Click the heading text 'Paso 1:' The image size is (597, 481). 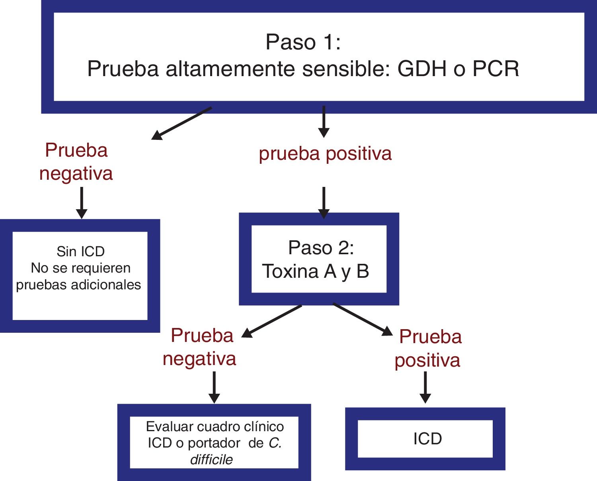coord(303,42)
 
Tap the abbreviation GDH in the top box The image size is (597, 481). coord(421,69)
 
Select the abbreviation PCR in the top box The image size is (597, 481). coord(496,69)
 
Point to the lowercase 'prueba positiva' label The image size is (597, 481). coord(325,153)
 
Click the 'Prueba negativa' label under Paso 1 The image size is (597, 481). coord(76,162)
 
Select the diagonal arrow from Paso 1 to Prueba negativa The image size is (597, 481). coord(181,124)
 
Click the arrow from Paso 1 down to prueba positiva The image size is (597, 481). coord(324,122)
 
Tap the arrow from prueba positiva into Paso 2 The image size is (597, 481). coord(324,202)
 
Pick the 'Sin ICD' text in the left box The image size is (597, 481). coord(80,251)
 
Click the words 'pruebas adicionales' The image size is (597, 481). coord(78,285)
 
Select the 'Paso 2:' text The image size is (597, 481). coord(321,248)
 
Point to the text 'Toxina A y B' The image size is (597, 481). coord(316,271)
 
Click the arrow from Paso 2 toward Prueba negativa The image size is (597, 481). coord(272,321)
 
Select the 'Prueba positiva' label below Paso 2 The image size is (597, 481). coord(428,348)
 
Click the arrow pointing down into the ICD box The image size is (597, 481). coord(425,387)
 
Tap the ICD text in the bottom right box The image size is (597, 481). coord(427,439)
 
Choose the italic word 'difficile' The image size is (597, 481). coord(211,460)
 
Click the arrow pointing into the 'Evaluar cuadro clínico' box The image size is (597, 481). coord(214,387)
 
